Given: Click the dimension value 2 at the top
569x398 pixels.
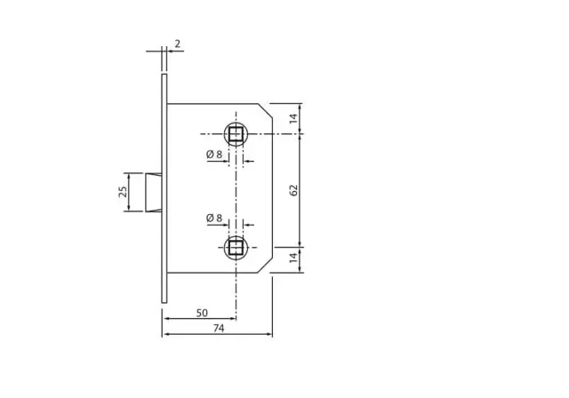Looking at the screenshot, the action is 178,44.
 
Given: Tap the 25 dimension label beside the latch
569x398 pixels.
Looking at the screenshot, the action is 124,192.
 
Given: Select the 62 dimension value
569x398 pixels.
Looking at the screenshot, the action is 293,190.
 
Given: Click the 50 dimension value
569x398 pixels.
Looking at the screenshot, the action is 202,313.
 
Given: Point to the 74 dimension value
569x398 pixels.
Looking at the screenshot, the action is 219,329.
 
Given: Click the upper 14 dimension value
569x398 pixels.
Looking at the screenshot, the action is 293,118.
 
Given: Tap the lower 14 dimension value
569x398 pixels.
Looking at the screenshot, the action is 293,258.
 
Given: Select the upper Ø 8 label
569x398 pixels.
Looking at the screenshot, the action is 214,155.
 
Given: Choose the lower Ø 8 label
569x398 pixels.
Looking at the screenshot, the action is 214,219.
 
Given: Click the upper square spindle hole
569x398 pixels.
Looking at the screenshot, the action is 236,134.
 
